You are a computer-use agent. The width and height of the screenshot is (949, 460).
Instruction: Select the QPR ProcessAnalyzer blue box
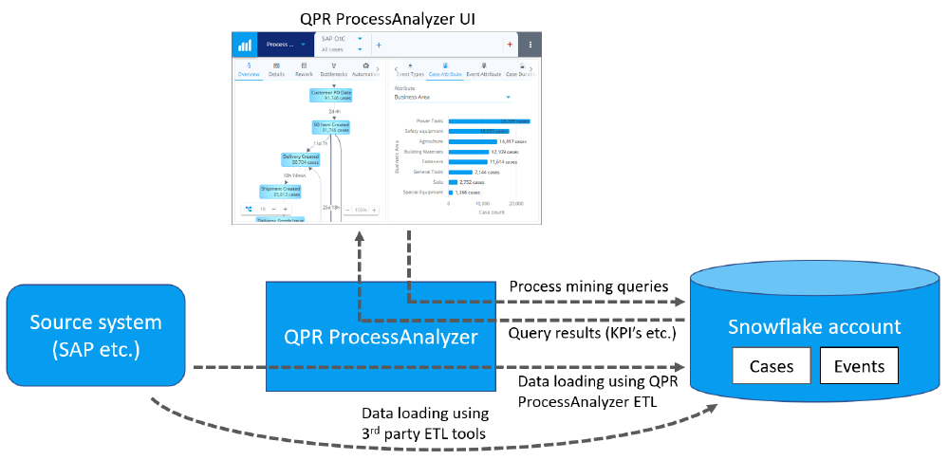click(380, 336)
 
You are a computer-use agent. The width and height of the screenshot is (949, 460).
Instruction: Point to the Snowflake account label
click(814, 327)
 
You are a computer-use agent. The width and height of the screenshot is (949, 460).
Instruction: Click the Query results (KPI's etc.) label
click(593, 333)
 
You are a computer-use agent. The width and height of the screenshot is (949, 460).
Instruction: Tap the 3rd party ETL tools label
click(425, 424)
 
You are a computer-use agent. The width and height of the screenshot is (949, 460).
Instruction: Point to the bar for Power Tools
click(493, 121)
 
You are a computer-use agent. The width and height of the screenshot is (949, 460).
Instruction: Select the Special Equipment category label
click(422, 192)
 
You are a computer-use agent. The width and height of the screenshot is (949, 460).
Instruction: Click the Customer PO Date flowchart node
click(331, 94)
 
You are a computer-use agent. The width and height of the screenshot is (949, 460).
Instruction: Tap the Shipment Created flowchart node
click(280, 192)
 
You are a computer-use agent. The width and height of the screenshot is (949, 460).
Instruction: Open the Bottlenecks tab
click(334, 69)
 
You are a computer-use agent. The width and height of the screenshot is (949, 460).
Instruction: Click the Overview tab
click(249, 69)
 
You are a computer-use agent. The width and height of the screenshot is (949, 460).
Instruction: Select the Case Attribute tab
click(444, 69)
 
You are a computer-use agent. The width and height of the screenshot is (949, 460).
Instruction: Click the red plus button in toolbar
click(510, 45)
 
